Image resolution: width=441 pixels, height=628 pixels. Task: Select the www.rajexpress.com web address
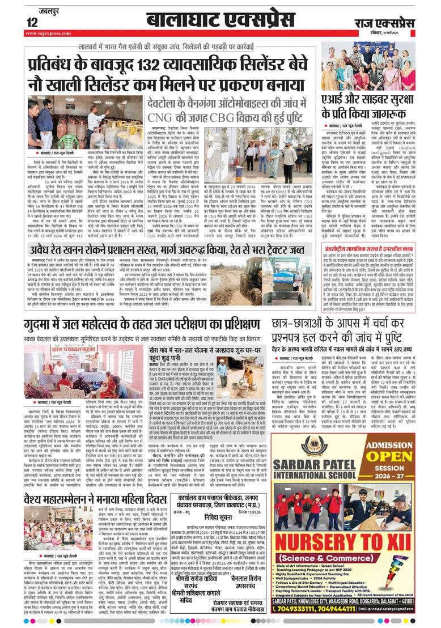[x=49, y=33]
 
